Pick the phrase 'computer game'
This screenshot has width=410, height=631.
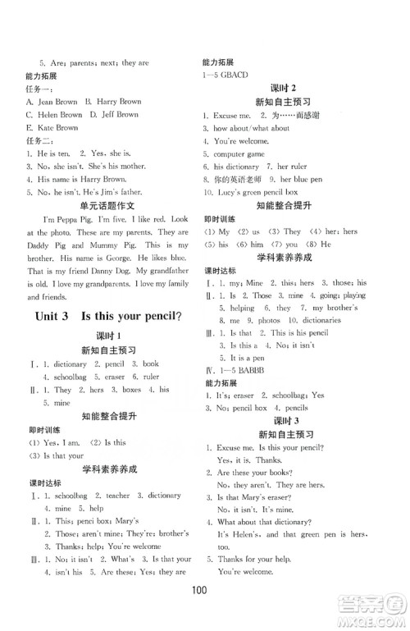(x=239, y=153)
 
